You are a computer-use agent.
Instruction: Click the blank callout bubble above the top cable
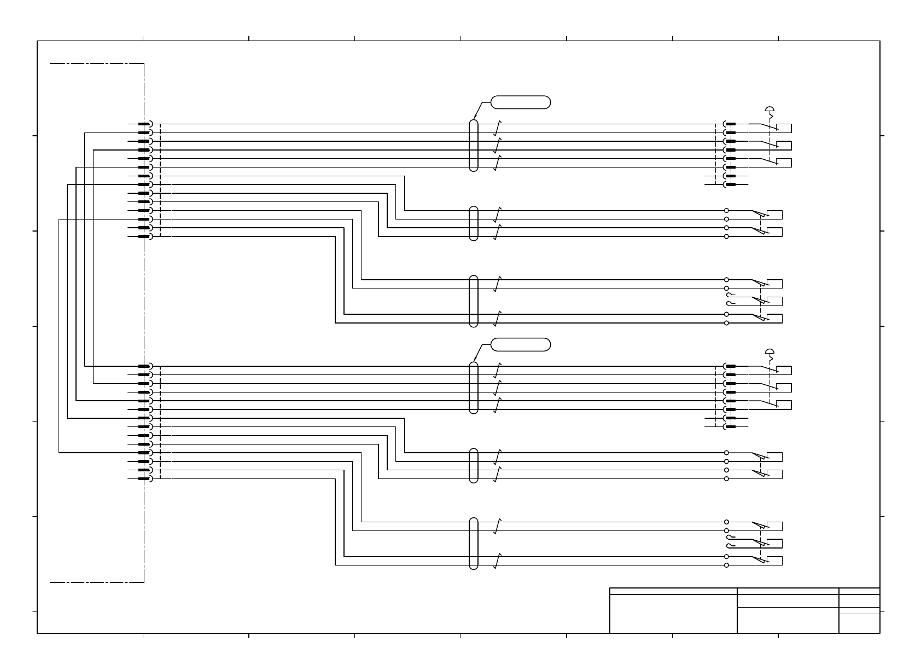pos(521,102)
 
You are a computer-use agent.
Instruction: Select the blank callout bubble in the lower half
pos(521,344)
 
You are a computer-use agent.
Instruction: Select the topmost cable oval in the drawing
pos(474,146)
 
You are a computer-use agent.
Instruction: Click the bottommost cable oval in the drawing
pos(474,543)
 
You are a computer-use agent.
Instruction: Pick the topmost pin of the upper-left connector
pos(144,124)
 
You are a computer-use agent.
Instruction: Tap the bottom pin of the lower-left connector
pos(144,479)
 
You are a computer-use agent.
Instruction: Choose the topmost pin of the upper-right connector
pos(730,124)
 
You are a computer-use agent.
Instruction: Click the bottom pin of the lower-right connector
pos(730,427)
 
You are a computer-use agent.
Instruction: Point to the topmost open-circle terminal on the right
pos(726,210)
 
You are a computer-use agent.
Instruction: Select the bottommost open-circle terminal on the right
pos(726,566)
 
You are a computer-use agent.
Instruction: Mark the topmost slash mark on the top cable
pos(497,128)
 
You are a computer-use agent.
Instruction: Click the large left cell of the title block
pos(673,613)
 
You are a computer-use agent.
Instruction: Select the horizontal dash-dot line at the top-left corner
pos(96,64)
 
